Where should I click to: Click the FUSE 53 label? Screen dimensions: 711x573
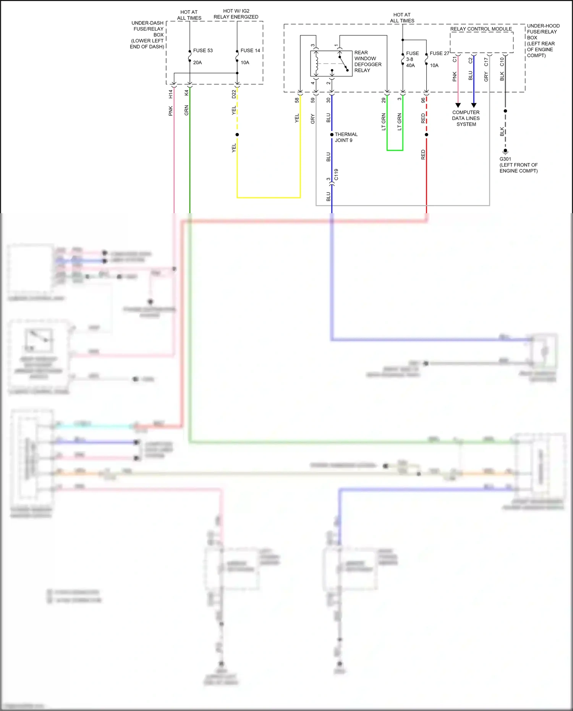202,50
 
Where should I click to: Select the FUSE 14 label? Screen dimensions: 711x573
250,50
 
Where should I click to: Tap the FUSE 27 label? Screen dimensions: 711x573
439,53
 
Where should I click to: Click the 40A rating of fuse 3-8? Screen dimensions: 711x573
410,65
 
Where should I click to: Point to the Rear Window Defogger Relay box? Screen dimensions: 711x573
331,63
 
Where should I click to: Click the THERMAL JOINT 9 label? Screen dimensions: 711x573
346,137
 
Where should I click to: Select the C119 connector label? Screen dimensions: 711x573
336,175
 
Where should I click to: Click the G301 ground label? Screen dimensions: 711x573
505,159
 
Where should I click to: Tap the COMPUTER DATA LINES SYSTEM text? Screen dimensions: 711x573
466,118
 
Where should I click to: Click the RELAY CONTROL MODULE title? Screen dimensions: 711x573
481,29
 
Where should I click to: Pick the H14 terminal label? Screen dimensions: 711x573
171,94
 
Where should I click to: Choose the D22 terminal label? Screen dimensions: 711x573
234,94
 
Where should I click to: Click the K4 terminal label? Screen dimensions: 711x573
186,93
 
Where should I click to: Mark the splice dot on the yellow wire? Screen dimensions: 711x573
237,134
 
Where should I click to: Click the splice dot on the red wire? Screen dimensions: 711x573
426,134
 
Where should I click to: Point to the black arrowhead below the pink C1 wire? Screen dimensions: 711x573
458,105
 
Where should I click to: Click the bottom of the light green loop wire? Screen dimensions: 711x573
395,150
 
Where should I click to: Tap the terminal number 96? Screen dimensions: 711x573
423,100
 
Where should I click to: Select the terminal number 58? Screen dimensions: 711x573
297,100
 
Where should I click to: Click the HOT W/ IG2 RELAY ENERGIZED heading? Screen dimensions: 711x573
236,14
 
